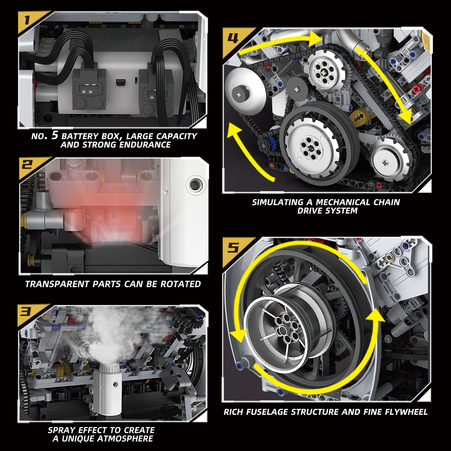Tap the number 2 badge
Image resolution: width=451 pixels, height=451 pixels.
tap(27, 164)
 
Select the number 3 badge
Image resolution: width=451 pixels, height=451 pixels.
tap(26, 311)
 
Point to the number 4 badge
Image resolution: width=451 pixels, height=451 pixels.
tap(233, 38)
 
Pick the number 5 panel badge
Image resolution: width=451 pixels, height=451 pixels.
tap(233, 248)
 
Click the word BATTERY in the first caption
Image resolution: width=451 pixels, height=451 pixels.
tap(80, 136)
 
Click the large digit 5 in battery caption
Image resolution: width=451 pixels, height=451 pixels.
tap(55, 135)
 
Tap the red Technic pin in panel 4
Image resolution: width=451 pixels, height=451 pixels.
tap(417, 89)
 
